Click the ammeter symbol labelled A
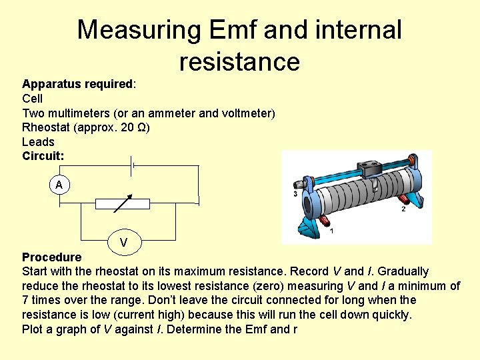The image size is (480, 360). pyautogui.click(x=59, y=185)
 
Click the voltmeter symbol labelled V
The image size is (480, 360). pyautogui.click(x=124, y=242)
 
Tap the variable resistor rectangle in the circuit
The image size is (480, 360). pyautogui.click(x=122, y=203)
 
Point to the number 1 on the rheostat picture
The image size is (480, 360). pyautogui.click(x=331, y=231)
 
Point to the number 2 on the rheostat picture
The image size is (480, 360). pyautogui.click(x=403, y=209)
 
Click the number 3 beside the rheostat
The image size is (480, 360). pyautogui.click(x=295, y=194)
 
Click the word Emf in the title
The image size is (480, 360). pyautogui.click(x=233, y=30)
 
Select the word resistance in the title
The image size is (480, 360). pyautogui.click(x=239, y=61)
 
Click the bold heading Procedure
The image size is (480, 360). pyautogui.click(x=52, y=257)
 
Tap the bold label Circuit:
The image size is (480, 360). pyautogui.click(x=43, y=156)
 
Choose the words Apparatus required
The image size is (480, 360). pyautogui.click(x=77, y=84)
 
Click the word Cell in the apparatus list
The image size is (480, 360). pyautogui.click(x=32, y=99)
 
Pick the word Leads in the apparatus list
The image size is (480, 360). pyautogui.click(x=38, y=141)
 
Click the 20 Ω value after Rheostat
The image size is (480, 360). pyautogui.click(x=131, y=127)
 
